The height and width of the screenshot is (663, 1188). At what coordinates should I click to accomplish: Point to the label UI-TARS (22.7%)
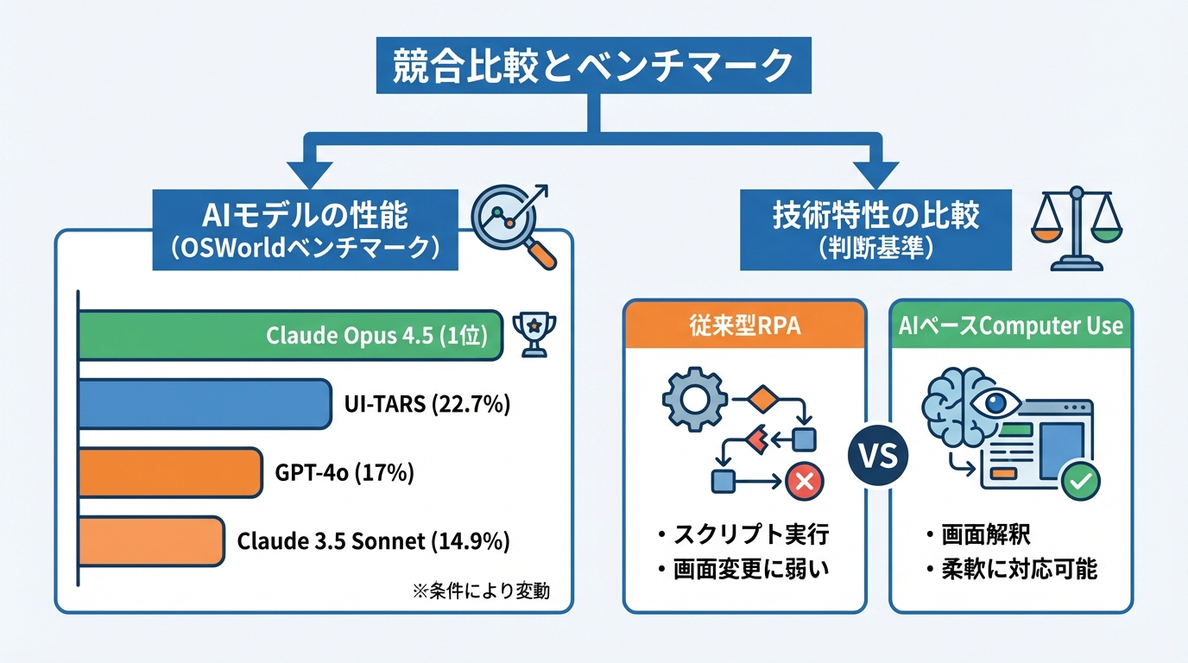coord(427,403)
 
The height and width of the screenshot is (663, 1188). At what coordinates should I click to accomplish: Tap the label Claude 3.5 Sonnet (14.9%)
coord(373,542)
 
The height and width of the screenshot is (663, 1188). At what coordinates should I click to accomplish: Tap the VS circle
coord(877,454)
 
